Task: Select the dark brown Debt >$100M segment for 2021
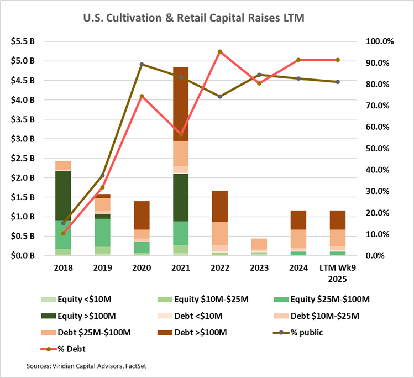pyautogui.click(x=181, y=104)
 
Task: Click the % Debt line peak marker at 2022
pyautogui.click(x=220, y=52)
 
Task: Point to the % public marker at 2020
pyautogui.click(x=142, y=65)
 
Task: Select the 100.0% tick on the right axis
pyautogui.click(x=380, y=41)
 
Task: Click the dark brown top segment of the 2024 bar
pyautogui.click(x=298, y=220)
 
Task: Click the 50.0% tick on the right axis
pyautogui.click(x=380, y=149)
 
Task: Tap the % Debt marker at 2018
pyautogui.click(x=63, y=233)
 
